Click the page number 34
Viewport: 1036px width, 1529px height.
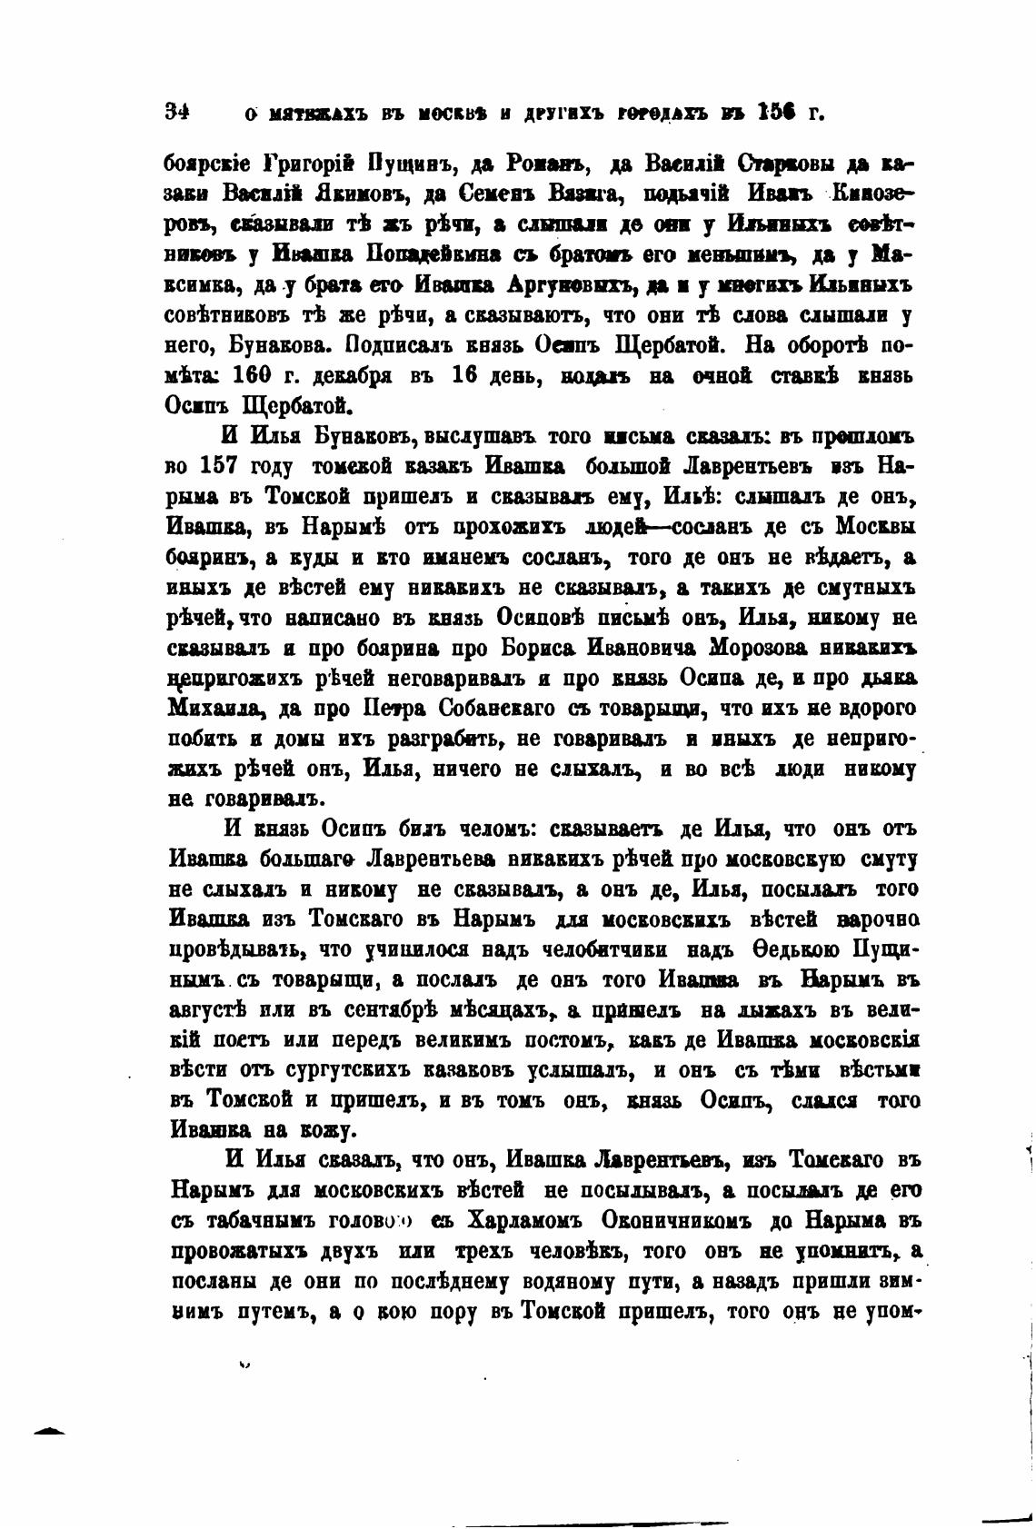176,113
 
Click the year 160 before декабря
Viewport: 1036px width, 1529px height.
254,374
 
